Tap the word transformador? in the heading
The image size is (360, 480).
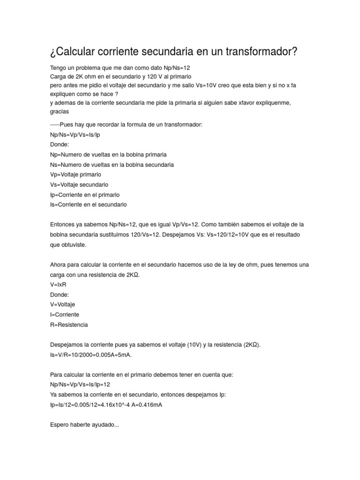[256, 52]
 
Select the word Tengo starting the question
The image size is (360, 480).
[59, 67]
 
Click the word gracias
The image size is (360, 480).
[60, 112]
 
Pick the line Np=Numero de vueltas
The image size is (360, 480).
[108, 154]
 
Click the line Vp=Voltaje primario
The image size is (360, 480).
[75, 174]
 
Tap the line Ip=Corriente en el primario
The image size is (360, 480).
[85, 195]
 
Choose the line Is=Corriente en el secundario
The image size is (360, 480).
[88, 205]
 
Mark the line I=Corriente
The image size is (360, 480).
[64, 315]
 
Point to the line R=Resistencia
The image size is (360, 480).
[68, 325]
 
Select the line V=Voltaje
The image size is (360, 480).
[62, 305]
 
